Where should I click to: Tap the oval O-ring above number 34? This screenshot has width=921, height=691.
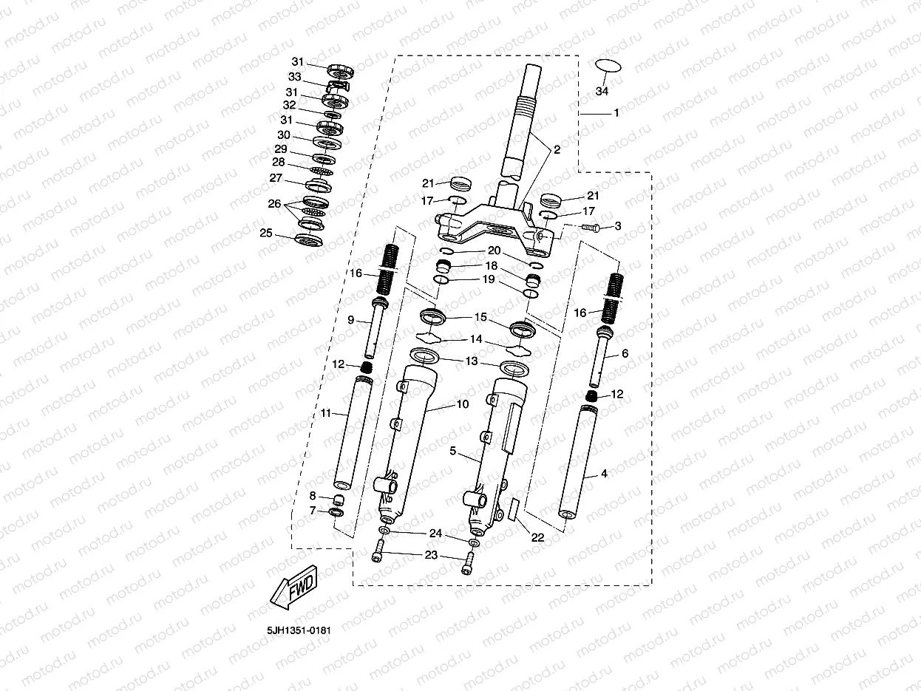pyautogui.click(x=608, y=66)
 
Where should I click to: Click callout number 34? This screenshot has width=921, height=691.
pyautogui.click(x=602, y=92)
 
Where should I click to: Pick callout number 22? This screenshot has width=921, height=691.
pyautogui.click(x=538, y=537)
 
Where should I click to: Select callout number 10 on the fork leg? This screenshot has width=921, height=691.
pyautogui.click(x=463, y=404)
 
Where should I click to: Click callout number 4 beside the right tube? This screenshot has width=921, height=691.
pyautogui.click(x=604, y=474)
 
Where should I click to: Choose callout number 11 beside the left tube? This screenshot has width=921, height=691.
pyautogui.click(x=326, y=413)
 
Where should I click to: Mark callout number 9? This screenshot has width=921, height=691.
pyautogui.click(x=352, y=320)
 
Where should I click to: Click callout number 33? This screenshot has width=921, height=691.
pyautogui.click(x=295, y=76)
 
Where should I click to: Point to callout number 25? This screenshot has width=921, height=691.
pyautogui.click(x=266, y=234)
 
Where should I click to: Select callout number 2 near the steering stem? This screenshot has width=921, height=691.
pyautogui.click(x=557, y=149)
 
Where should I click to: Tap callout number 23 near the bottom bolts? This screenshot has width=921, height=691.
pyautogui.click(x=431, y=554)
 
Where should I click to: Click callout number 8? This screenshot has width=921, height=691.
pyautogui.click(x=313, y=495)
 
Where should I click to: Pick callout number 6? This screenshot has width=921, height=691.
pyautogui.click(x=625, y=354)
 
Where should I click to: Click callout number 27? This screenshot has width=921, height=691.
pyautogui.click(x=276, y=178)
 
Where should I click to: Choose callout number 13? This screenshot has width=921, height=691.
pyautogui.click(x=472, y=361)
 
